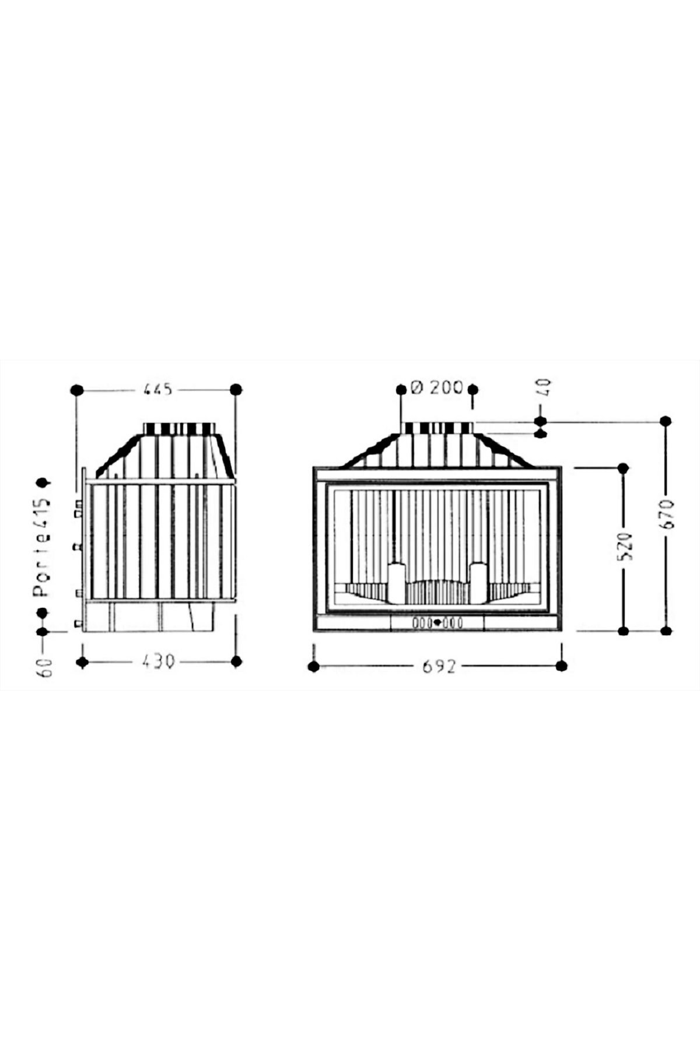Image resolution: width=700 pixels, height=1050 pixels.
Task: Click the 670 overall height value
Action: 667,514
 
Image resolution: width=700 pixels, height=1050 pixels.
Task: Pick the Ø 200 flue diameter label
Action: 437,387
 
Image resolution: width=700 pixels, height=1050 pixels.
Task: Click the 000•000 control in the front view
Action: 437,623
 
